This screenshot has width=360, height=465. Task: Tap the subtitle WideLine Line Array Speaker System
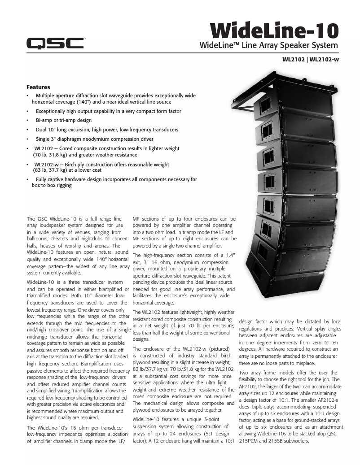(268, 46)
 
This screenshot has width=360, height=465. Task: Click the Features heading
(38, 87)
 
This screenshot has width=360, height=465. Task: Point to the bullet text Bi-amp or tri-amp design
(64, 120)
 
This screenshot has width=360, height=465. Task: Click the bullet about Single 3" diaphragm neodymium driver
(94, 139)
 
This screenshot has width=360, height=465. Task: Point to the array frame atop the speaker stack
(269, 87)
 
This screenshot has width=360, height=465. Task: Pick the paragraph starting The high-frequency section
(184, 278)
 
